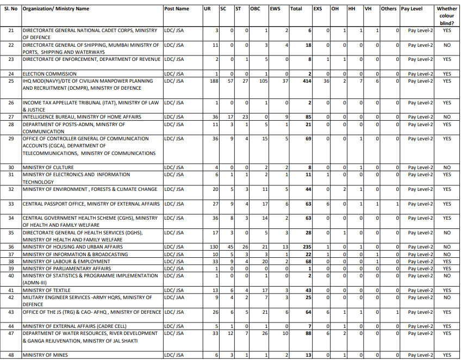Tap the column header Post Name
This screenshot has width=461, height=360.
tap(177, 9)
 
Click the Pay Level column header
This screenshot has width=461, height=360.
tap(412, 9)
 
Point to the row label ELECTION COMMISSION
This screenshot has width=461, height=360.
tap(49, 73)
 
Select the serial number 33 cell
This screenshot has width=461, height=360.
tap(11, 204)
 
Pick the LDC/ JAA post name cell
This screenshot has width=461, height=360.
tap(174, 297)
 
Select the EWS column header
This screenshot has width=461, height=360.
tap(275, 9)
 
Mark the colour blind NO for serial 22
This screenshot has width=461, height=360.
tap(447, 45)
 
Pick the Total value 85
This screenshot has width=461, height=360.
tap(307, 117)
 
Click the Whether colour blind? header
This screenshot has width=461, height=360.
tap(447, 16)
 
